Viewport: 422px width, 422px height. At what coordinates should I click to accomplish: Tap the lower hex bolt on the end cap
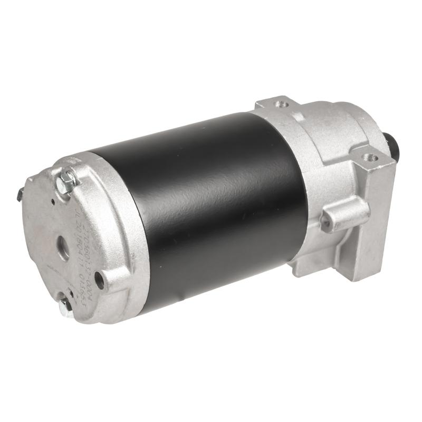(x=66, y=306)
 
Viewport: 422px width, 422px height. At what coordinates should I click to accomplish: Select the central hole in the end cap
(x=62, y=246)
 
